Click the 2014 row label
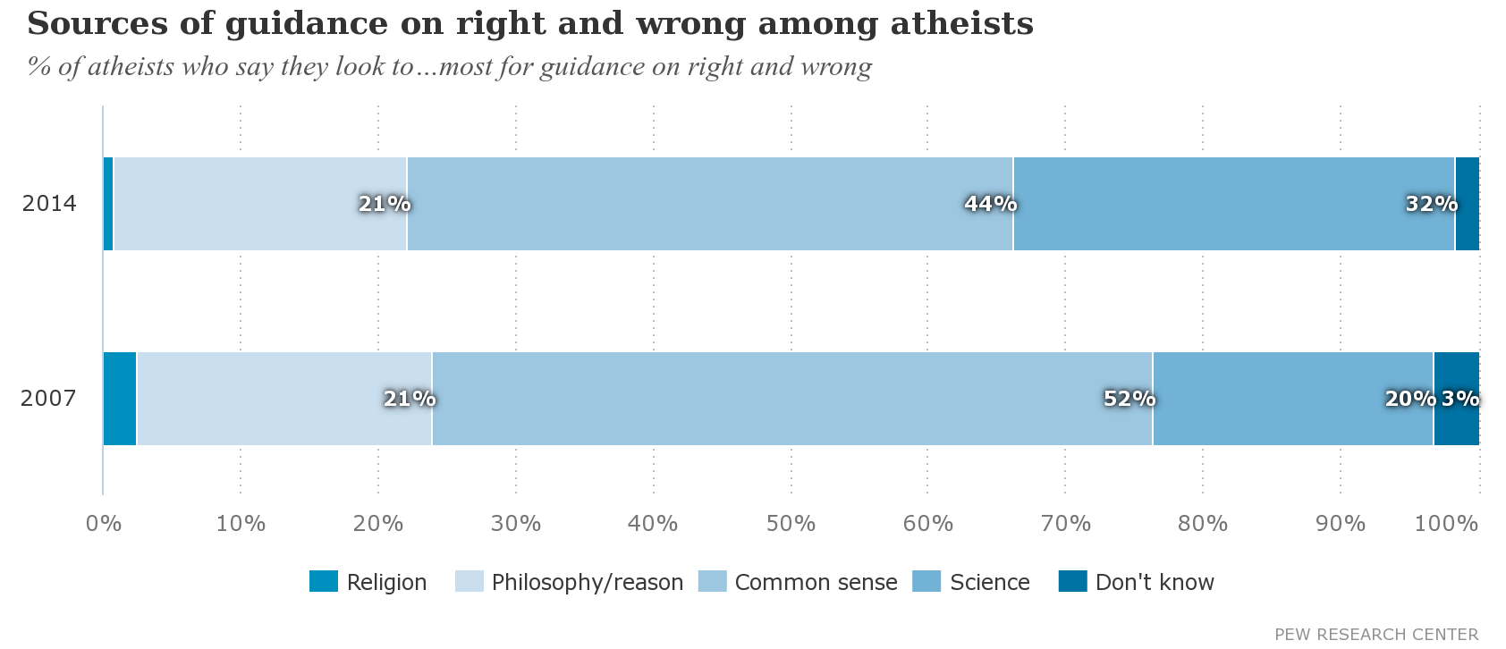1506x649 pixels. pos(49,204)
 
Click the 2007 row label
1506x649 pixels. pos(48,399)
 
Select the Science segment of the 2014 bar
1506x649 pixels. pos(1233,204)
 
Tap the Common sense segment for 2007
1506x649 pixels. pos(791,399)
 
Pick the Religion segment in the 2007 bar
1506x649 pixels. pos(120,399)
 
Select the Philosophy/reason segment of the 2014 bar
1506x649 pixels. pos(259,204)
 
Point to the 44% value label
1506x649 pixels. pos(990,204)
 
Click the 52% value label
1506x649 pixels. pos(1129,399)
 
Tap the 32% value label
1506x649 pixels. pos(1431,204)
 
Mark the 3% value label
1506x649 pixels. pos(1459,399)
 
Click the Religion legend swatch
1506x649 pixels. pos(324,582)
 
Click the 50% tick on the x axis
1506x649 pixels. pos(791,524)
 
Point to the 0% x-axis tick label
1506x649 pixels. pos(104,524)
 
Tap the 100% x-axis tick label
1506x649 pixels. pos(1446,524)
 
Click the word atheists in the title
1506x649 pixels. pos(961,24)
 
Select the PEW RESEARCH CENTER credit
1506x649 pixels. pos(1375,635)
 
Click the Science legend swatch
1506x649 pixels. pos(926,582)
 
